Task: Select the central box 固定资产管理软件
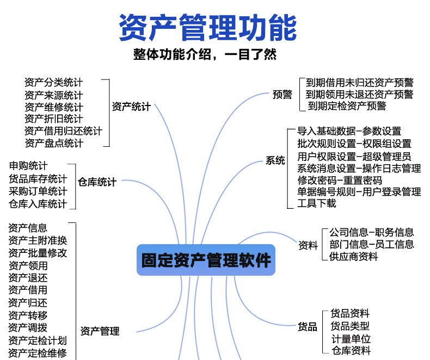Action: point(206,260)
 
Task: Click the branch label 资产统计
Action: point(131,107)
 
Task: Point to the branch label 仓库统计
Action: point(97,182)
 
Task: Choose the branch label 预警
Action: point(282,94)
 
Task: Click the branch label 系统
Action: point(275,160)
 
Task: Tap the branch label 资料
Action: point(308,245)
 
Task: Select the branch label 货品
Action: point(308,327)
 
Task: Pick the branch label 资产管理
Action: point(100,331)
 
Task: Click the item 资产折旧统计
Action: point(54,119)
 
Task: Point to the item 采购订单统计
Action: point(38,191)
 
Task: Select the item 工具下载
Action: point(317,203)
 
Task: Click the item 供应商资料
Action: point(354,257)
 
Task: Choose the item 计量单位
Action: point(351,338)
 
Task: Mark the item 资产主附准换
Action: point(38,240)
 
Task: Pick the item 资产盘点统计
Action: point(54,143)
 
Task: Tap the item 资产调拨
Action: point(28,327)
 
